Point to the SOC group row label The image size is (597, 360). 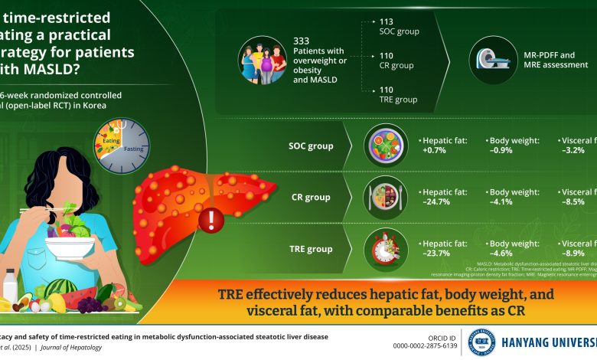(x=310, y=145)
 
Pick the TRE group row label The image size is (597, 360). (x=310, y=248)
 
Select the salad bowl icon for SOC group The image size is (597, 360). (x=380, y=146)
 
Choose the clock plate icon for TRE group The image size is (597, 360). (x=380, y=248)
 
